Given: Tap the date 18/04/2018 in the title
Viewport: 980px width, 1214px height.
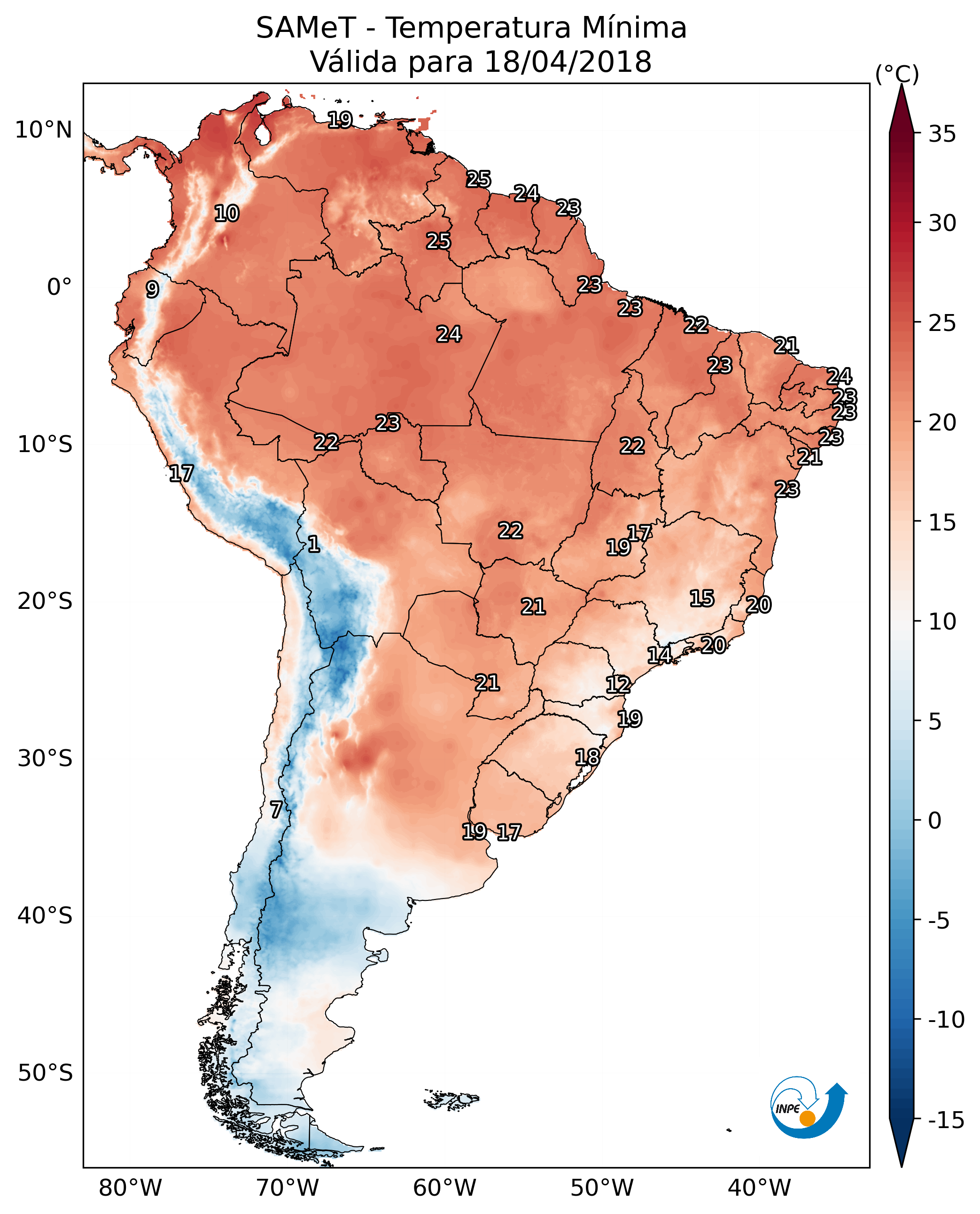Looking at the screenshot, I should click(x=568, y=62).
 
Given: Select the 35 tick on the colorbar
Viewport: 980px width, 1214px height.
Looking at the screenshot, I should click(x=942, y=134).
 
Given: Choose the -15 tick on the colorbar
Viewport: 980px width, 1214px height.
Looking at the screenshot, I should click(x=946, y=1120).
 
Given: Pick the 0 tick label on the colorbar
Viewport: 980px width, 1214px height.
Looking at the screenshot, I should click(x=935, y=820).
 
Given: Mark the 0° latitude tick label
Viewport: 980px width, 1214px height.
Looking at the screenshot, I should click(x=59, y=287).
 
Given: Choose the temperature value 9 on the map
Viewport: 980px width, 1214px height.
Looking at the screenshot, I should click(x=152, y=289).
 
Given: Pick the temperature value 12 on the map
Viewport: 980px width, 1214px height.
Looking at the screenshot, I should click(x=618, y=685).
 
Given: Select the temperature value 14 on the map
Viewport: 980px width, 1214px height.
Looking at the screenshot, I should click(x=659, y=655).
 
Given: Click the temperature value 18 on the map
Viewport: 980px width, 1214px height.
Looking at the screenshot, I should click(x=587, y=757).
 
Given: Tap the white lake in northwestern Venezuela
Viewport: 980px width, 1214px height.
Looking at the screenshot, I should click(x=262, y=134).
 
